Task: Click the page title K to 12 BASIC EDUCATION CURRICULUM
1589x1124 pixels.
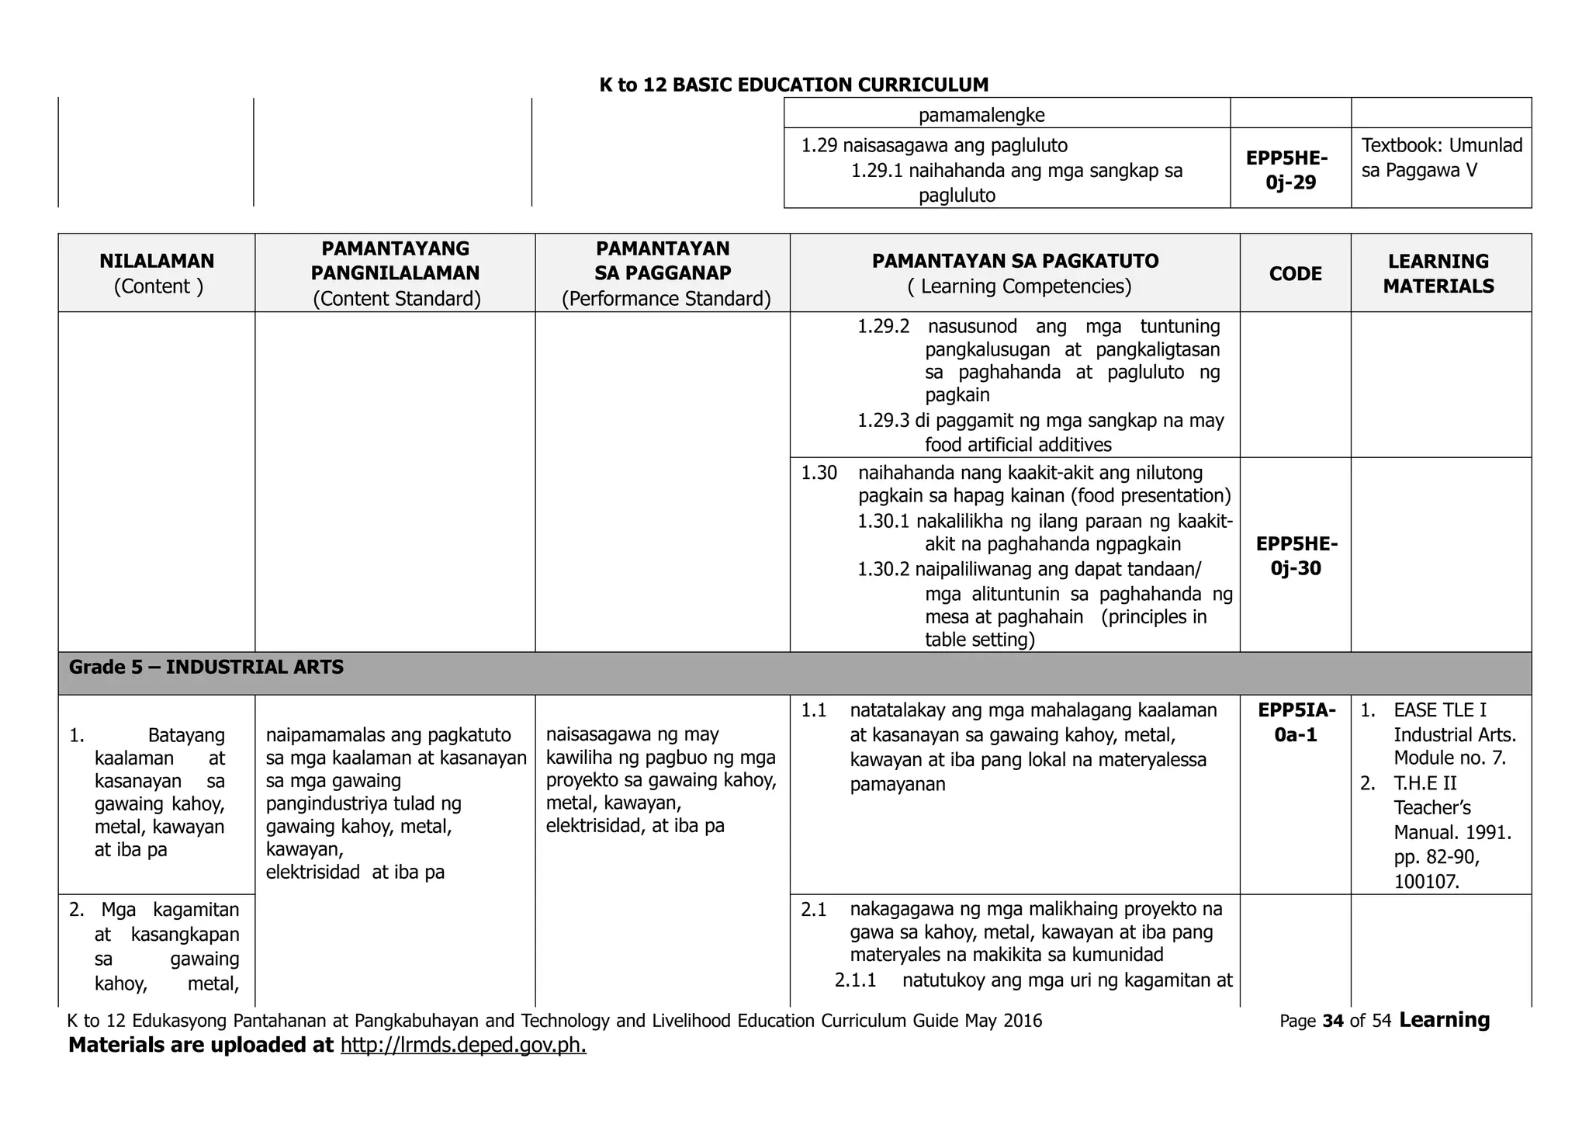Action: [x=794, y=85]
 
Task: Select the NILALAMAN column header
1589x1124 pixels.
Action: [x=157, y=262]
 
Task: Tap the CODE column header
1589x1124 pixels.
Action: [x=1295, y=274]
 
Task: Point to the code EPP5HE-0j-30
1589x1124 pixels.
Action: [x=1296, y=556]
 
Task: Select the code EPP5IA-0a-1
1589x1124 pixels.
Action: [x=1296, y=722]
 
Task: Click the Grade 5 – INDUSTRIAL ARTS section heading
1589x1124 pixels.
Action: [x=206, y=668]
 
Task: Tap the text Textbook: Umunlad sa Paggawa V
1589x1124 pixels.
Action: [x=1441, y=158]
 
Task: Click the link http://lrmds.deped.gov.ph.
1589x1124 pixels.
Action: [x=463, y=1046]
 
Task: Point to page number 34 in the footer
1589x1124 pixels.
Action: [x=1332, y=1021]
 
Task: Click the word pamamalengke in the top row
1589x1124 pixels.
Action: [x=981, y=116]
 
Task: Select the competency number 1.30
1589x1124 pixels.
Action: [x=819, y=473]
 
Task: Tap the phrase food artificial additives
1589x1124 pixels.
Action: [x=1017, y=445]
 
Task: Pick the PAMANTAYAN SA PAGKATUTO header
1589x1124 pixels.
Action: [x=1015, y=262]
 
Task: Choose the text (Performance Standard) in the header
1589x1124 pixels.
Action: [x=666, y=299]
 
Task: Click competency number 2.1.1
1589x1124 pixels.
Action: [x=855, y=980]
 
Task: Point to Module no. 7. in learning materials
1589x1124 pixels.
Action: [x=1449, y=758]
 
